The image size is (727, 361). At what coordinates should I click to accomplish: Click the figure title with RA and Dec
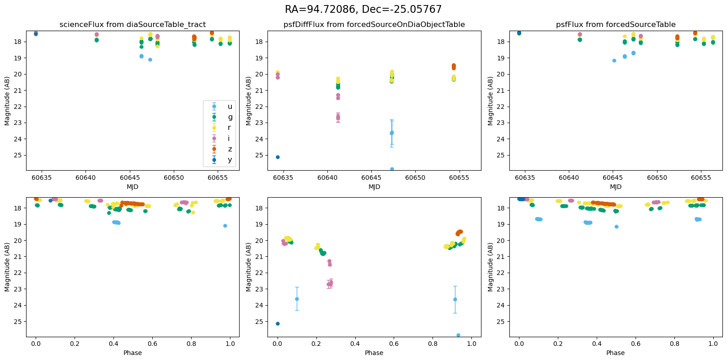363,9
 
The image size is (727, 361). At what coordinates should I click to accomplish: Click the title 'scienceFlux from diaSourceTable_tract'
133,25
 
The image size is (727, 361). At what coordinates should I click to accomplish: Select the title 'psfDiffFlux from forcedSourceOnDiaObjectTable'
374,25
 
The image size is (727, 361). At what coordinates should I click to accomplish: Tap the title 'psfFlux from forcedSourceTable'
615,25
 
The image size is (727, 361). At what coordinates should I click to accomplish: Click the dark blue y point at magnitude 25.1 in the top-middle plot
278,157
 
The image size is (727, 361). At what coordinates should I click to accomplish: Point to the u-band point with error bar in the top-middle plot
391,133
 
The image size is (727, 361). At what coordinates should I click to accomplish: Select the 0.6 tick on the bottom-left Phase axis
152,344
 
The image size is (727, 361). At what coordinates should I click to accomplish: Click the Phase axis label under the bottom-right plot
615,353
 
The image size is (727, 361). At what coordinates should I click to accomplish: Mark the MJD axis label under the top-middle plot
374,187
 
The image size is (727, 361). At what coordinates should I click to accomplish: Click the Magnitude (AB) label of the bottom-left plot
7,267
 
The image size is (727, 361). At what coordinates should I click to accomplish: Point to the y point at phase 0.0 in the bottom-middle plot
278,323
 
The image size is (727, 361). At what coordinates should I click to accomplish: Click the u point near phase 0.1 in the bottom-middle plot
297,299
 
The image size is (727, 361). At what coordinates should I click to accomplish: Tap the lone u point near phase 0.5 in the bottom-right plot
616,226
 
